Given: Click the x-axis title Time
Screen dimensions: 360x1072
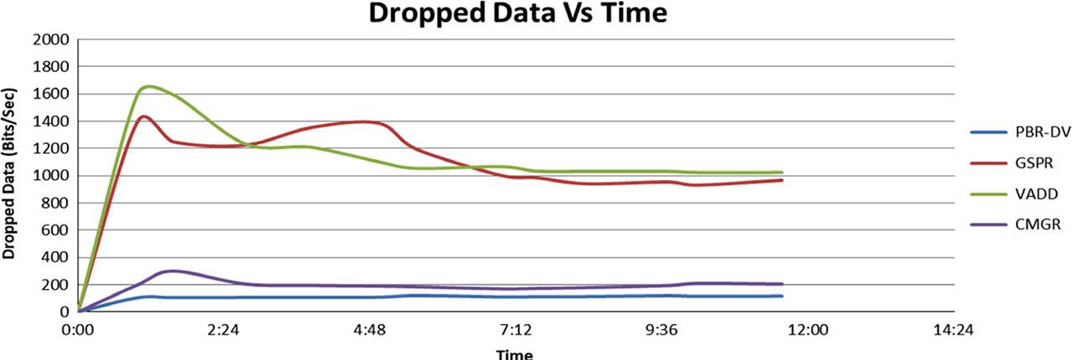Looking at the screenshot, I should [x=514, y=353].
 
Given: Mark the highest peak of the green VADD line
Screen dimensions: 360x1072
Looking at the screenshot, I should [x=149, y=85].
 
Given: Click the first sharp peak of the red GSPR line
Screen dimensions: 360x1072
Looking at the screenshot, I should [x=144, y=116].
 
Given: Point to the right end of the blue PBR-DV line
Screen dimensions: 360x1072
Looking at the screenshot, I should [x=781, y=296].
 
